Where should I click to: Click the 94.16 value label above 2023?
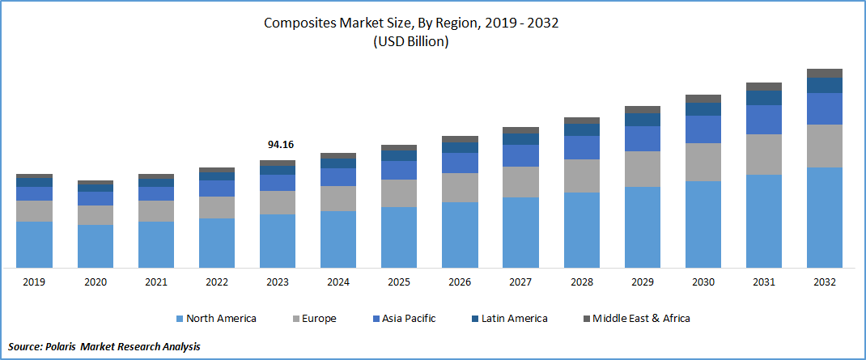tap(280, 145)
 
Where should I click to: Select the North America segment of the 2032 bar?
tap(825, 217)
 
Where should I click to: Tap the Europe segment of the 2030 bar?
tap(703, 162)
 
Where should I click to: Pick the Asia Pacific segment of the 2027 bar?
tap(520, 155)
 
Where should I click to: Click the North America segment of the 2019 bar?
tap(34, 244)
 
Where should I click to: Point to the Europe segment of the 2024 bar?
tap(338, 198)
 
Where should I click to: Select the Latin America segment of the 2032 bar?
tap(825, 85)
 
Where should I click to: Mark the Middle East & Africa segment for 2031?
tap(764, 86)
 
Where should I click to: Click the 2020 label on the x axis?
tap(95, 282)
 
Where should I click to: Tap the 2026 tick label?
tap(460, 282)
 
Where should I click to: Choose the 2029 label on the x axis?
tap(642, 282)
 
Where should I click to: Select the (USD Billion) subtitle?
tap(410, 42)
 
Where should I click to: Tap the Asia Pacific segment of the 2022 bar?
tap(216, 188)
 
